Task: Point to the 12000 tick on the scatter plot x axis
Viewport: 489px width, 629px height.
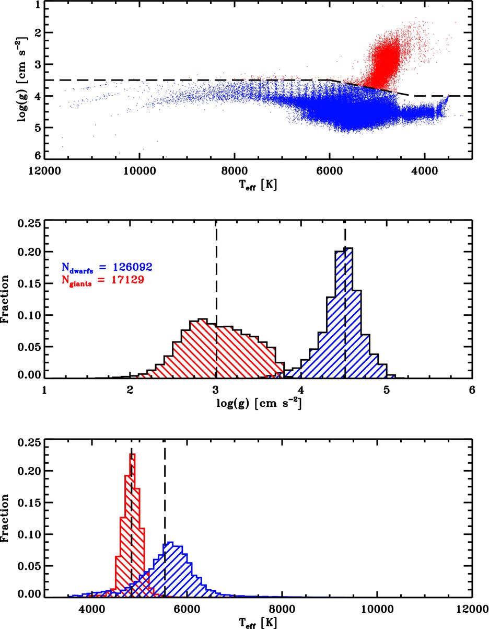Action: (44, 170)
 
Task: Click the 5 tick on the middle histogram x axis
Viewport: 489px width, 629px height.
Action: (387, 388)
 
